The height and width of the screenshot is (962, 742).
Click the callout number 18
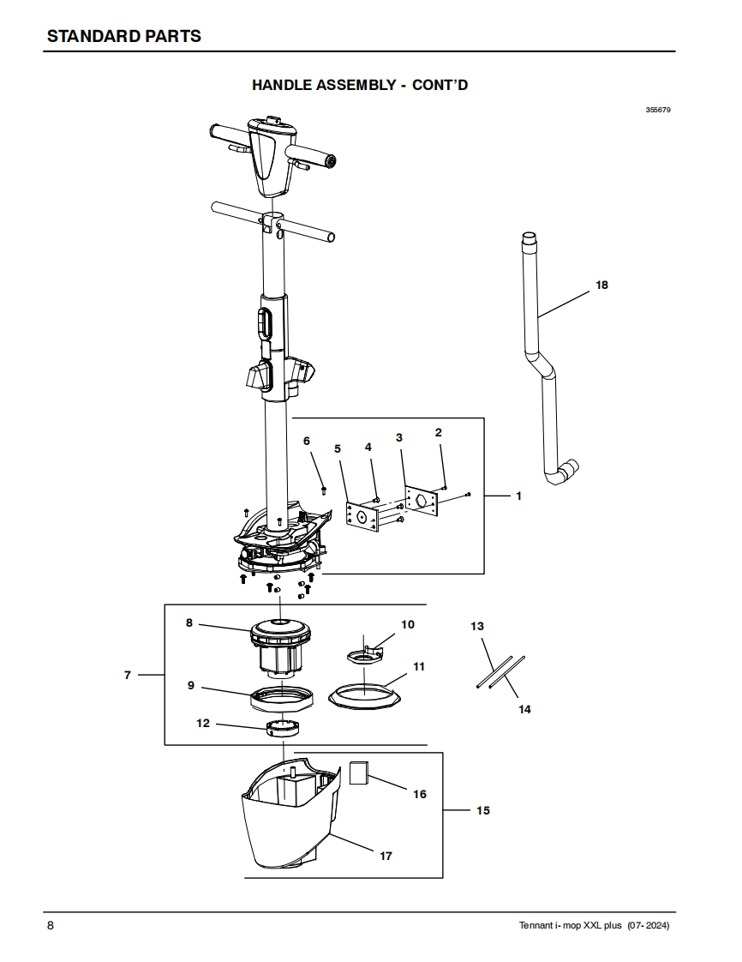coord(601,285)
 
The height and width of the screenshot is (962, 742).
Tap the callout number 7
coord(128,675)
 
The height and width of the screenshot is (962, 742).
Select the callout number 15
coord(483,810)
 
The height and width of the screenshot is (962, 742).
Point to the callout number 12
coord(203,724)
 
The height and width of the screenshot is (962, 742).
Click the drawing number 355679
coord(658,110)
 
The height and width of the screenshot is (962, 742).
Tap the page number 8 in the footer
coord(51,925)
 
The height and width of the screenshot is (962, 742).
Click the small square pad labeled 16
coord(358,773)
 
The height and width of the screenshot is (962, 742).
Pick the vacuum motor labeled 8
coord(280,647)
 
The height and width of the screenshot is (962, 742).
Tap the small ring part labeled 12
coord(283,728)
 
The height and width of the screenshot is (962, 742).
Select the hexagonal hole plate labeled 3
coord(420,502)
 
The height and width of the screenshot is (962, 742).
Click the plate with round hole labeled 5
coord(362,516)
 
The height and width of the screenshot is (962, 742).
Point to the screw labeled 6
coord(324,490)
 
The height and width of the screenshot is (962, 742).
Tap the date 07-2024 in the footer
coord(648,925)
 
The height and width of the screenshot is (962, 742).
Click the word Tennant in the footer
coord(536,925)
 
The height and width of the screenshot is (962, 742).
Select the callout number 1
coord(518,496)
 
